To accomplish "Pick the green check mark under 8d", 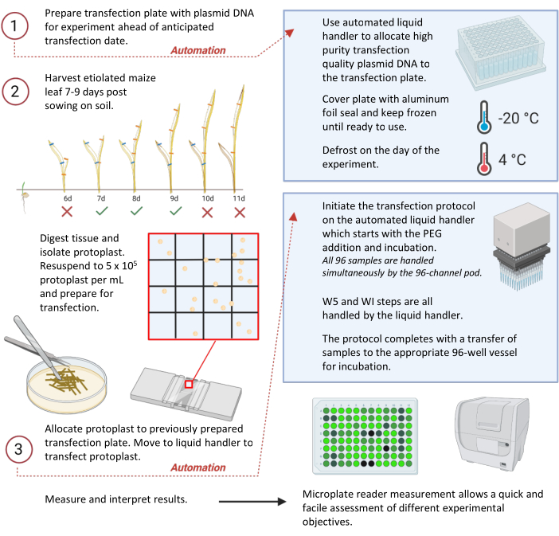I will [136, 212].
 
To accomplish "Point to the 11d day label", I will [239, 198].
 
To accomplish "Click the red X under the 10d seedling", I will [206, 212].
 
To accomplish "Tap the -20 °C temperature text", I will [518, 118].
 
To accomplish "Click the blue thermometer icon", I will [483, 116].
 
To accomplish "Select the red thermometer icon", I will [483, 158].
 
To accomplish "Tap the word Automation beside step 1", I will [198, 50].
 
